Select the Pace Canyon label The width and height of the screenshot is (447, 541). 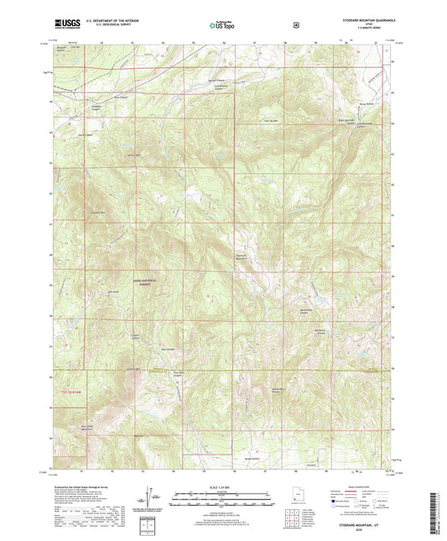coord(168,349)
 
